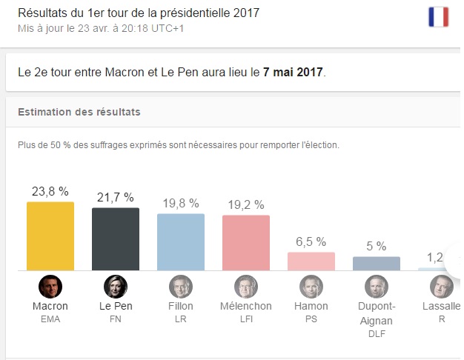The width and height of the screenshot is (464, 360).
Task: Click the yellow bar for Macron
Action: [x=50, y=236]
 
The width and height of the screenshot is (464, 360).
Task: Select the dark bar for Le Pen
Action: [x=115, y=239]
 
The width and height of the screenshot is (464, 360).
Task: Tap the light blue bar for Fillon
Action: [x=180, y=241]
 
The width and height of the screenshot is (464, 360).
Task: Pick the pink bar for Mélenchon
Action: [x=245, y=242]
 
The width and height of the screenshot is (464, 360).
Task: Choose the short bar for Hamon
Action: [x=311, y=261]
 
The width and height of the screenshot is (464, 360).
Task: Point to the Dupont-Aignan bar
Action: [x=376, y=263]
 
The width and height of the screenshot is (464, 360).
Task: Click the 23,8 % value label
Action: [x=50, y=190]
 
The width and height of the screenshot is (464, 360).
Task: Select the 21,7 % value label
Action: [x=115, y=197]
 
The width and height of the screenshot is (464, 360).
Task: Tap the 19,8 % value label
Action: [x=180, y=203]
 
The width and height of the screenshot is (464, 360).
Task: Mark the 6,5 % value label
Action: [x=311, y=241]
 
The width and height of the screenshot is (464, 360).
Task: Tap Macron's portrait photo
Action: [x=50, y=286]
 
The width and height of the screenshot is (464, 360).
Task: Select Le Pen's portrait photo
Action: [x=115, y=286]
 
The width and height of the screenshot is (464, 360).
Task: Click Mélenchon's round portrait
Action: [x=245, y=286]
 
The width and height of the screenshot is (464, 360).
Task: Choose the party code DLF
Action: [x=376, y=333]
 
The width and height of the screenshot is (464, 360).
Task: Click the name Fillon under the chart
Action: [x=180, y=306]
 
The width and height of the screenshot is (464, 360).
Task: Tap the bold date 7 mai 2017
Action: [x=294, y=73]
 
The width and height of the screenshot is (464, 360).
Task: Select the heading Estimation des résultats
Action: [x=79, y=113]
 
